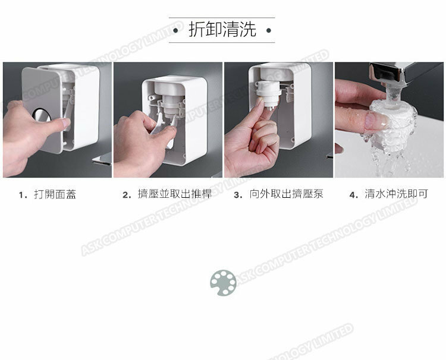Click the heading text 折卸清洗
(x=222, y=29)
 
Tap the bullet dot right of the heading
(x=269, y=30)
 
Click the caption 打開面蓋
(x=55, y=194)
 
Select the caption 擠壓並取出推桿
(x=175, y=194)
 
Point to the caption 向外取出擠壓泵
(x=286, y=194)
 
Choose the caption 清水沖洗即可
(x=397, y=194)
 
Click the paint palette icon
(x=223, y=283)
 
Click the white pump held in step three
(x=269, y=94)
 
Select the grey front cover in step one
(x=42, y=109)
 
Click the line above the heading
(x=222, y=18)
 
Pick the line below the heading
(x=222, y=43)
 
